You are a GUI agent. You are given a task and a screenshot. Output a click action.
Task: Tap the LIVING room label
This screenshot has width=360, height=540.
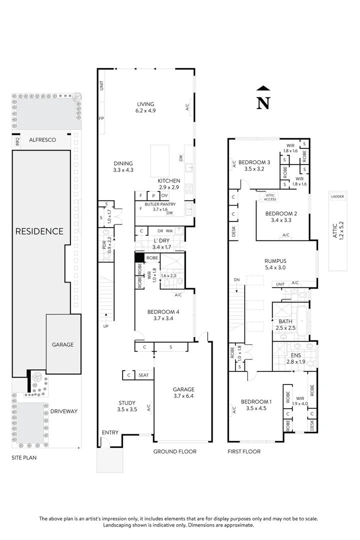[146, 104]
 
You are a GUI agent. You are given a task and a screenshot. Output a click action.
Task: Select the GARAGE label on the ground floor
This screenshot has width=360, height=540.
[183, 389]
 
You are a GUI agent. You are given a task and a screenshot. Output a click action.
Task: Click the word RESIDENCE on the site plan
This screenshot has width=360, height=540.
[39, 231]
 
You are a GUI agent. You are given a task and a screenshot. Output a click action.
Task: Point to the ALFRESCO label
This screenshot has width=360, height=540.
[42, 139]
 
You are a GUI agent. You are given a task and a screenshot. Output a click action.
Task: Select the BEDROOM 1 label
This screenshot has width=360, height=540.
[256, 401]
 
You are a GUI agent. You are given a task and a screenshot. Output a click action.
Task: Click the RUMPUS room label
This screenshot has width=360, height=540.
[275, 260]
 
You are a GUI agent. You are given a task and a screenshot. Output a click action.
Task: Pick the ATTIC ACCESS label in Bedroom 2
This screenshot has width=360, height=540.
[270, 197]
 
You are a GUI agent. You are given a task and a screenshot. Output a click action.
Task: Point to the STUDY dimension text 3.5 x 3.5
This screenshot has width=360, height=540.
[127, 409]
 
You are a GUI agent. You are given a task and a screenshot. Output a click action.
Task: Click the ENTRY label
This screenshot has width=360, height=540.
[110, 432]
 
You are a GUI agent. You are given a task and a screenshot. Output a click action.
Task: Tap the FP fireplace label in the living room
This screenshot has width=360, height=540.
[101, 118]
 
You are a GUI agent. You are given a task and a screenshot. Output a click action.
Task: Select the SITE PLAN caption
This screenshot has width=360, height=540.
[24, 457]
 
